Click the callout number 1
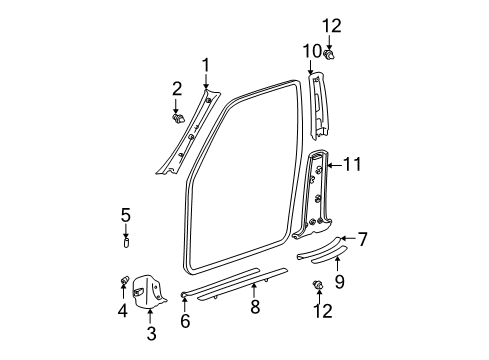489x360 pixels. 205,66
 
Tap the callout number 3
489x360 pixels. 150,332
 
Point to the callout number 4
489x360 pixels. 123,311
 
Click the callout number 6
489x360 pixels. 186,321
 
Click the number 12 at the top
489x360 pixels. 331,24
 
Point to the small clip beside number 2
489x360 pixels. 178,118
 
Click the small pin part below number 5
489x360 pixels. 125,240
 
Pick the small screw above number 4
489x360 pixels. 124,279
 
